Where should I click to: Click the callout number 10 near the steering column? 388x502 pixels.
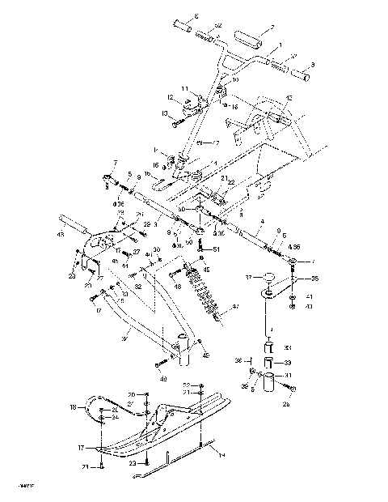click(236, 80)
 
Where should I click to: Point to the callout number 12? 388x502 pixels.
click(171, 98)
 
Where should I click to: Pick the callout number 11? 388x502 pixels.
click(184, 88)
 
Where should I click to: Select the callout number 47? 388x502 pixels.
click(237, 308)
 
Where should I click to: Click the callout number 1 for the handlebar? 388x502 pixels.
click(280, 45)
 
